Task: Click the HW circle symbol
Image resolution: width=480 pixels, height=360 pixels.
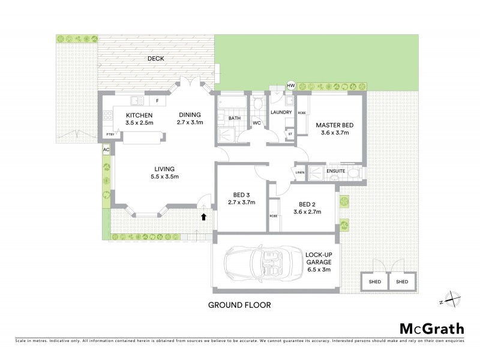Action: pos(292,86)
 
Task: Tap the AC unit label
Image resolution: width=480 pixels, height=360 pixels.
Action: pos(106,149)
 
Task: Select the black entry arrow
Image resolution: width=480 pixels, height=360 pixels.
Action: pos(204,217)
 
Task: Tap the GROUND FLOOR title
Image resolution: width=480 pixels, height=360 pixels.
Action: pos(239,305)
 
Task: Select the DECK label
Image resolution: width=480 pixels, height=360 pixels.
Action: pos(157,59)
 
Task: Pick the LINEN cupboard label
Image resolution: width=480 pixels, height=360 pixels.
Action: pos(300,173)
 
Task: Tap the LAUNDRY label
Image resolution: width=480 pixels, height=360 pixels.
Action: pos(281,112)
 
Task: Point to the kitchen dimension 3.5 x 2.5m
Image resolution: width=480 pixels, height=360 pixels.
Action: pos(139,122)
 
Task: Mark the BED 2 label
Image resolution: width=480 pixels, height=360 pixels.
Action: pos(307,203)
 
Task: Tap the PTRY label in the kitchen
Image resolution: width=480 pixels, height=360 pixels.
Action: pos(109,134)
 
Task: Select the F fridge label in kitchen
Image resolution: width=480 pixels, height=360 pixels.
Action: pos(157,101)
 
